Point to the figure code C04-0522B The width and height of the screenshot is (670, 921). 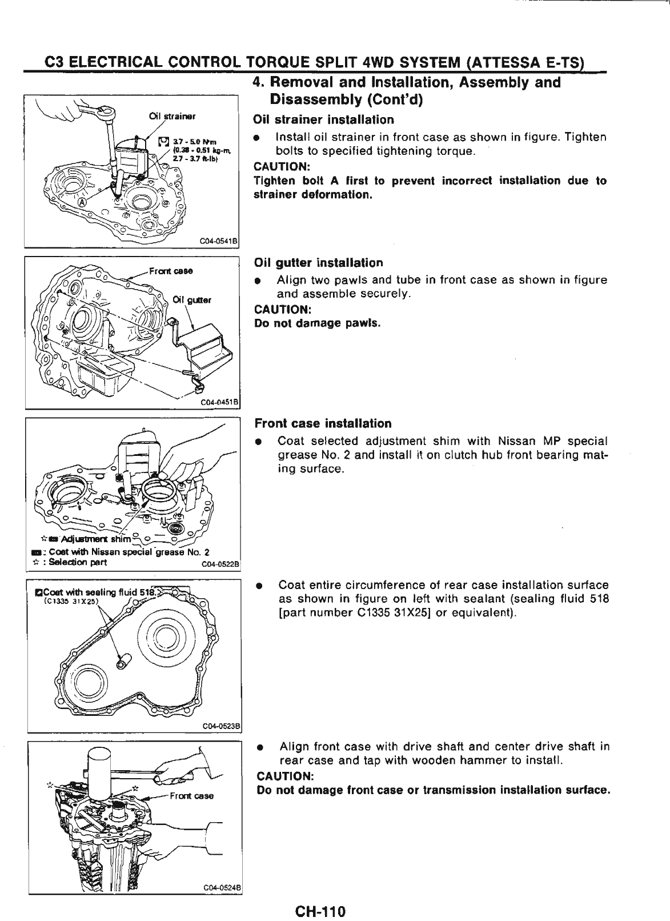click(x=222, y=567)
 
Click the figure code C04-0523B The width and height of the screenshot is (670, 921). click(x=223, y=726)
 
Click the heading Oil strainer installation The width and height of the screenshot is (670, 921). click(x=323, y=119)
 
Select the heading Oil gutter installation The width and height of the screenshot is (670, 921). click(x=318, y=263)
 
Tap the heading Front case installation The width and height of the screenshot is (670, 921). click(x=323, y=423)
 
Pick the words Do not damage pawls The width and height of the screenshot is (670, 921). click(x=318, y=323)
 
